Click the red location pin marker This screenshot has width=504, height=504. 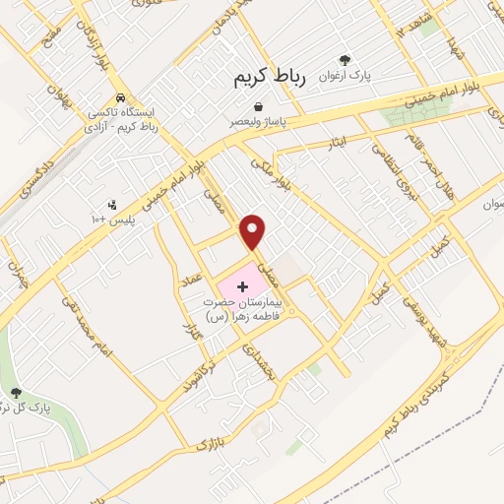click(x=254, y=230)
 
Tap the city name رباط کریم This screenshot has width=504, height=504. click(x=270, y=78)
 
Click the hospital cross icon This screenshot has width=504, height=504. click(x=243, y=284)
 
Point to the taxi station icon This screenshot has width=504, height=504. click(x=119, y=97)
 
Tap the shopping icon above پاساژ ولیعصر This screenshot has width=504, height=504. click(x=258, y=106)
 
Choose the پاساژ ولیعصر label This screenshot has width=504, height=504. click(x=259, y=122)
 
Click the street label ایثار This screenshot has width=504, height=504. click(x=338, y=146)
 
